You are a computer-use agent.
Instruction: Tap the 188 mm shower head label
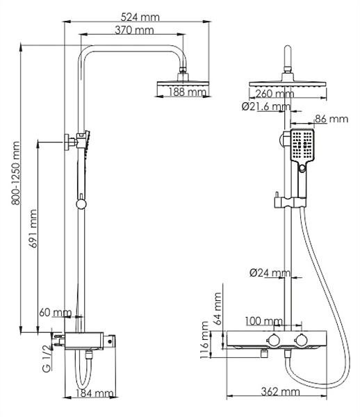click(x=188, y=92)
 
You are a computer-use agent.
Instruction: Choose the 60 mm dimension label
click(x=56, y=313)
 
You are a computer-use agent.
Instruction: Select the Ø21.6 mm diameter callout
click(x=265, y=106)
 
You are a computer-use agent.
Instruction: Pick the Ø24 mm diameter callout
click(x=269, y=273)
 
